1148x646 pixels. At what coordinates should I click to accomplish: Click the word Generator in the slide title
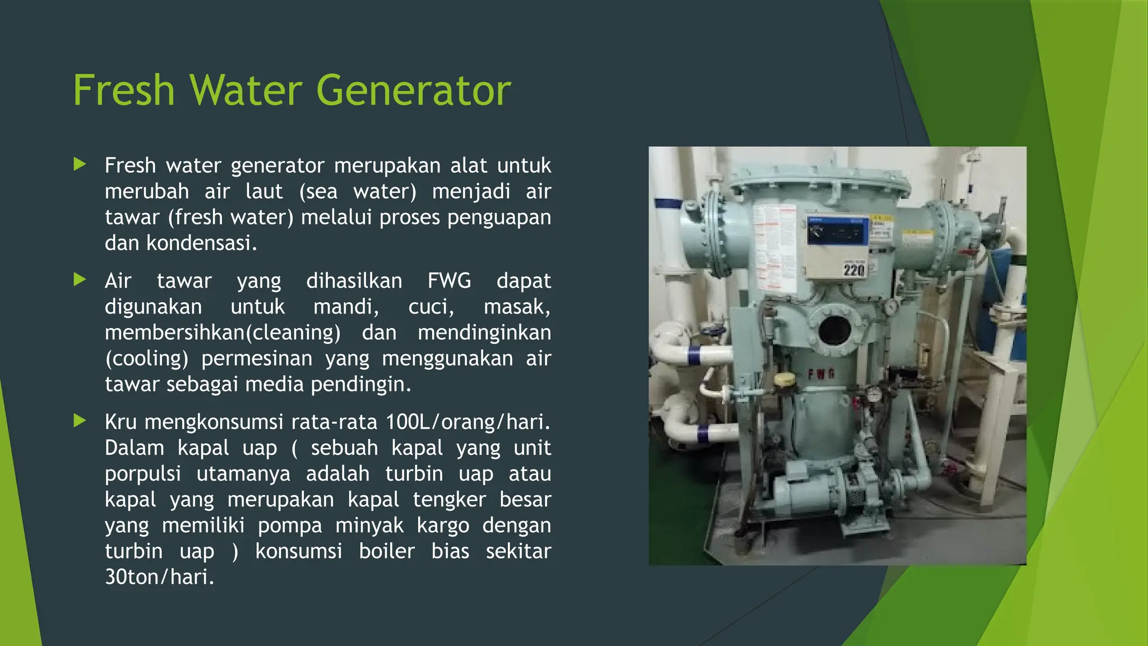point(414,90)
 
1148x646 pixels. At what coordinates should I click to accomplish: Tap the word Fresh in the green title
point(124,90)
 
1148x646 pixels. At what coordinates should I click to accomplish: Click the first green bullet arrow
point(80,164)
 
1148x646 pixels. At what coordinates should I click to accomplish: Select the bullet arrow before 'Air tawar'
point(80,279)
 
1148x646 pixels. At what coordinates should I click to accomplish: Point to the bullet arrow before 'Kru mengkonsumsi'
point(80,421)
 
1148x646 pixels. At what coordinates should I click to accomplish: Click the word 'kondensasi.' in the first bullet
point(201,243)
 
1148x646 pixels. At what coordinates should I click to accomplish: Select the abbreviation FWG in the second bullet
point(449,280)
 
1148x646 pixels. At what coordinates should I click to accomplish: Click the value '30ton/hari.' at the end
point(160,577)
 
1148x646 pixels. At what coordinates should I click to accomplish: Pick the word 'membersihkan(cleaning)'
point(223,333)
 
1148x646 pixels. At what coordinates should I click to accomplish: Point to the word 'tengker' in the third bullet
point(449,500)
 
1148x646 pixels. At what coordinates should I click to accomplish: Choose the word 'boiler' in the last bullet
point(387,551)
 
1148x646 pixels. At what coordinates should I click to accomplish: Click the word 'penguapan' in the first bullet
point(499,217)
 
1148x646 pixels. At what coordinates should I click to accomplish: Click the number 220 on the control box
point(854,270)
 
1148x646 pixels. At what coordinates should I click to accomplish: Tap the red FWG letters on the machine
point(821,374)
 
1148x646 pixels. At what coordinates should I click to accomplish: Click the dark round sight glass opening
point(835,331)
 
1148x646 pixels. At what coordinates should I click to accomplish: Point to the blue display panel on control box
point(837,232)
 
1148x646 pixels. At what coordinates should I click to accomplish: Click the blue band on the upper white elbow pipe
point(693,356)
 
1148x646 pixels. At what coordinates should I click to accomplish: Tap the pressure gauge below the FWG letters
point(872,395)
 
